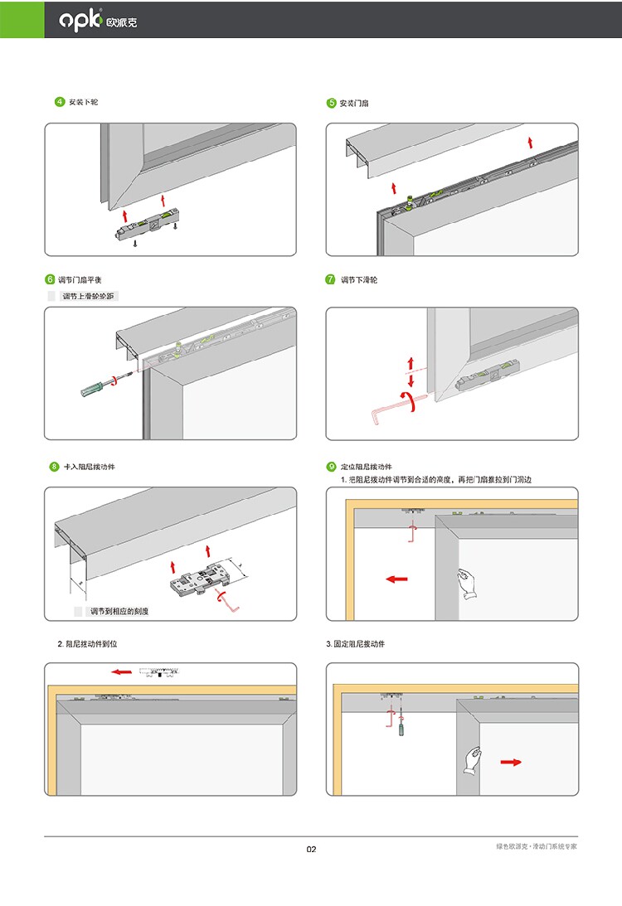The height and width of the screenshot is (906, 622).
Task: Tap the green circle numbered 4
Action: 59,102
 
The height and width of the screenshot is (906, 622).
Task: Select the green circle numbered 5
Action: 332,103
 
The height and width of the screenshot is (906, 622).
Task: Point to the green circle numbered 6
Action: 50,280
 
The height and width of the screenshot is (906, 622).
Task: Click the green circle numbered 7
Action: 330,280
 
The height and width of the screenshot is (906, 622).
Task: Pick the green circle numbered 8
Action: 54,467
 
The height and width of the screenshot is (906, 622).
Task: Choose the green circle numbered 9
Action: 331,467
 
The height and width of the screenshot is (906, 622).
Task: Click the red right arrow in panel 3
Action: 511,762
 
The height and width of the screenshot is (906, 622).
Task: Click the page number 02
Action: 311,849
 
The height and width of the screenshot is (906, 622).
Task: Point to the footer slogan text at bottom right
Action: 536,846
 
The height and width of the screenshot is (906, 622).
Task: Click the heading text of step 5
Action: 354,103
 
